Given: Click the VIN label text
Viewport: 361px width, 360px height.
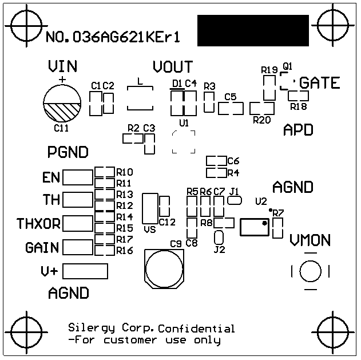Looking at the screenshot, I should coord(62,66).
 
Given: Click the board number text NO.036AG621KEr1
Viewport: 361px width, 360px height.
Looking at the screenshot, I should coord(113,38).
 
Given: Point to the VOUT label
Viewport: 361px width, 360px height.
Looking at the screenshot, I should coord(173,67).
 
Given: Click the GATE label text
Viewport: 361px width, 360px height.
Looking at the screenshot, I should coord(320,83).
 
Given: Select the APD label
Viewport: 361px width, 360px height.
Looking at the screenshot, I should coord(298,130).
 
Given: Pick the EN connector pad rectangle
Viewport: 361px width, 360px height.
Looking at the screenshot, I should coord(77,178).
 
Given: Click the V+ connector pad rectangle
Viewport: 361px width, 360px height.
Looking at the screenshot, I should coord(85,271).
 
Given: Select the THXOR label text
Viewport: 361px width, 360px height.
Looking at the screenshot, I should coord(38,223).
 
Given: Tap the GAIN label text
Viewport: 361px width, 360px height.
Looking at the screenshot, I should coord(42,248).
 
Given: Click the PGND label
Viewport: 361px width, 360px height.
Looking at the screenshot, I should coord(68,152).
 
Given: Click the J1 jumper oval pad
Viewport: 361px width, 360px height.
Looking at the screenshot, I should coord(234,201).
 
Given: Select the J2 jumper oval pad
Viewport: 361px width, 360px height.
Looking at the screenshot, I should coord(218,238).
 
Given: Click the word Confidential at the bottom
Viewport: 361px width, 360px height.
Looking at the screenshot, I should coord(196,329).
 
